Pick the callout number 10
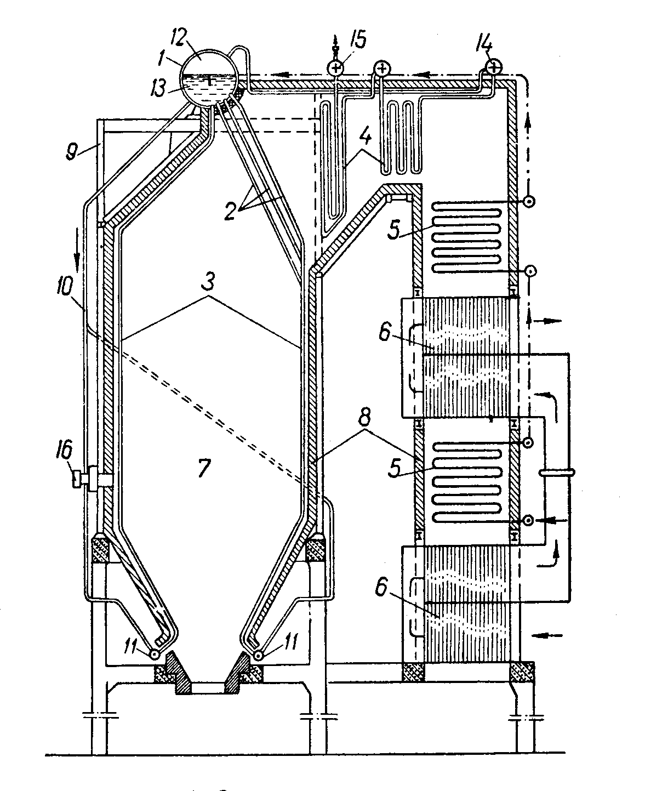click(x=64, y=287)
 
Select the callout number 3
click(x=208, y=281)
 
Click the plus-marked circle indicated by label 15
click(x=335, y=68)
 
